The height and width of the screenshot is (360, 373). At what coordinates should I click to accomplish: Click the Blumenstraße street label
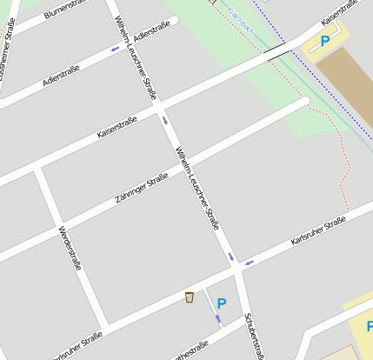[x=70, y=11]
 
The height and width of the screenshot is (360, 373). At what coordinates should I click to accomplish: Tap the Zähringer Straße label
[x=141, y=190]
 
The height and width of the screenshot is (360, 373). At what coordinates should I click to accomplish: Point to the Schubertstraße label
[x=254, y=335]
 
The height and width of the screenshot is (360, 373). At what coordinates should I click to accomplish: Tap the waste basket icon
[x=189, y=297]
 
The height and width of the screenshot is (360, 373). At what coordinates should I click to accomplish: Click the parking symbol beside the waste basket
[x=221, y=303]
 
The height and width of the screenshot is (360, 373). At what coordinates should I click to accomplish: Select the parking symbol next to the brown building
[x=325, y=40]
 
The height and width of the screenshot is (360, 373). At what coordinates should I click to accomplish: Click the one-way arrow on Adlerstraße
[x=115, y=49]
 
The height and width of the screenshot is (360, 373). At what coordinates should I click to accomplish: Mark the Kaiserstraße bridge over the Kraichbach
[x=278, y=54]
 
